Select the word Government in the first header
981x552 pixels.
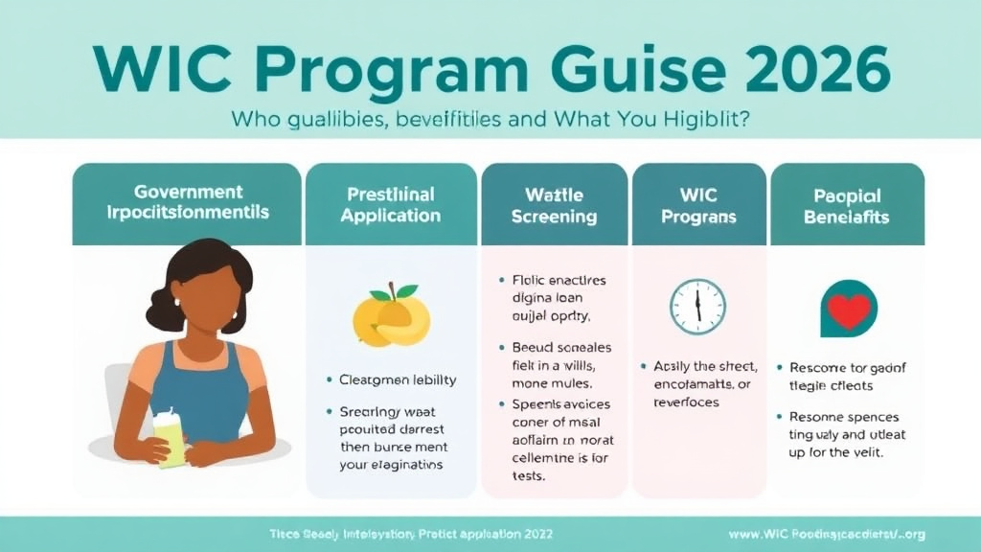189,192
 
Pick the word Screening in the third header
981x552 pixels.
555,217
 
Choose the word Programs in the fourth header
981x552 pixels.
699,217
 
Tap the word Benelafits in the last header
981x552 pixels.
847,217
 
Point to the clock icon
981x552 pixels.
697,307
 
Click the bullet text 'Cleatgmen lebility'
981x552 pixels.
398,379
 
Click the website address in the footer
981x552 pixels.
826,534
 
